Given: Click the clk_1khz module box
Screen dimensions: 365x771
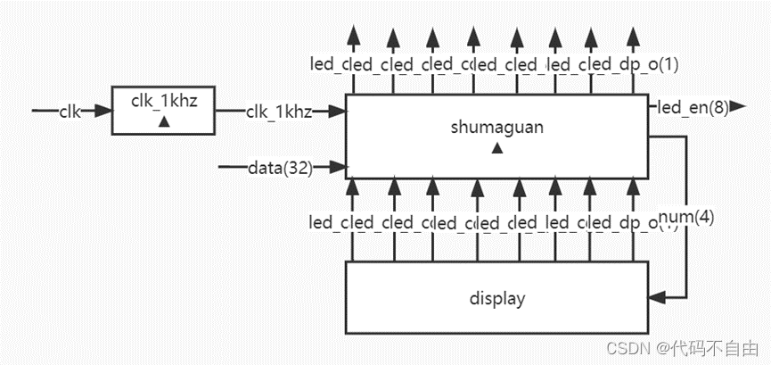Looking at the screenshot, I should tap(162, 110).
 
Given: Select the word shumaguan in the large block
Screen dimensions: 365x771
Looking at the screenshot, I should tap(496, 128).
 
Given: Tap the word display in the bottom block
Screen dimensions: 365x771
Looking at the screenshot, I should tap(496, 298).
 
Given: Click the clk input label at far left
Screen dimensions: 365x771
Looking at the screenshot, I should tap(70, 112).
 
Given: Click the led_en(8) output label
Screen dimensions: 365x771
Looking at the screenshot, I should tap(693, 109).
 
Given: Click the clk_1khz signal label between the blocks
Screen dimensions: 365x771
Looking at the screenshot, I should tap(278, 112).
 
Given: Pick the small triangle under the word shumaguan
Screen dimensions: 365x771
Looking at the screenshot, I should tap(496, 148).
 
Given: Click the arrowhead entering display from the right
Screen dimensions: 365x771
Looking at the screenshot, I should tap(659, 296).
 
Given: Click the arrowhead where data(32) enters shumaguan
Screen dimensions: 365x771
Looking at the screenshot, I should tap(339, 166).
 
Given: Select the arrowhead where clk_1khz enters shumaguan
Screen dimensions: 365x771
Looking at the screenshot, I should tap(339, 112).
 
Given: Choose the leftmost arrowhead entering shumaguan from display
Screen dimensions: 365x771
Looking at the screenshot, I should tap(354, 186).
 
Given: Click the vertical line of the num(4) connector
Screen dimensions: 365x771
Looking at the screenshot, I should tap(685, 178).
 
